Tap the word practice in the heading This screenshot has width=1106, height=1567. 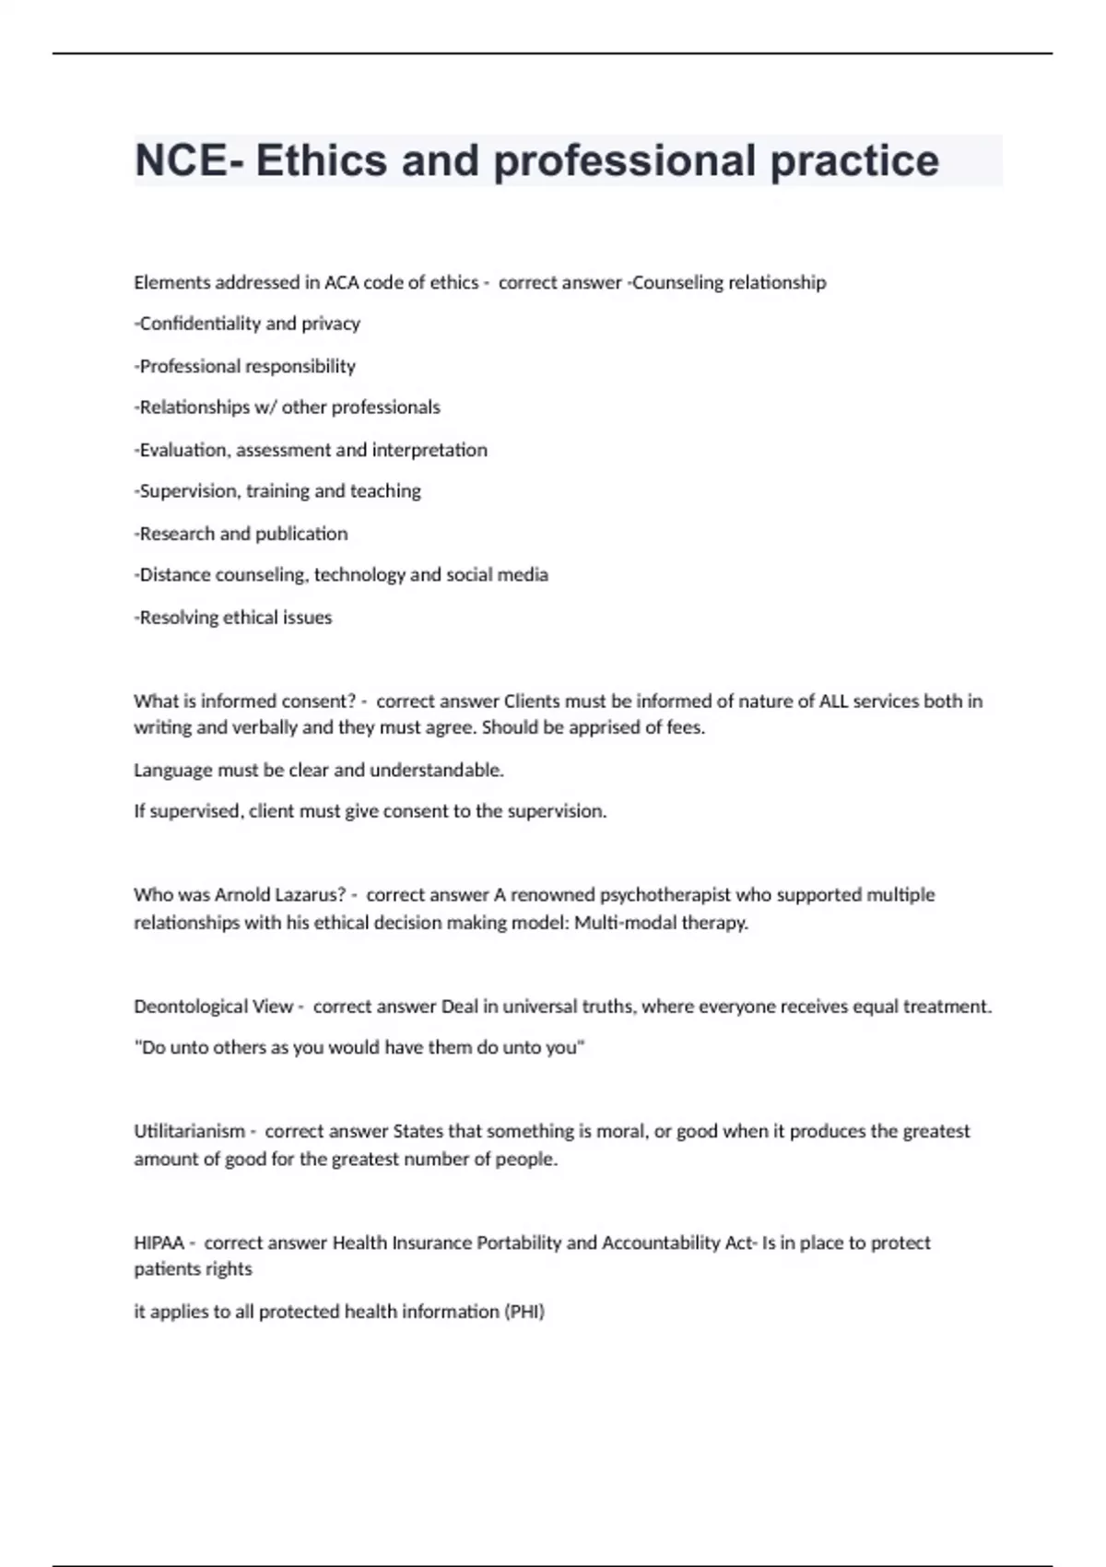pyautogui.click(x=854, y=160)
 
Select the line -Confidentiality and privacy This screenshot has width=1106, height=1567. pyautogui.click(x=247, y=324)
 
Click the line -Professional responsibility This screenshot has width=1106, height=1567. pyautogui.click(x=245, y=366)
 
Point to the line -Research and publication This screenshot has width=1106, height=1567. pyautogui.click(x=241, y=534)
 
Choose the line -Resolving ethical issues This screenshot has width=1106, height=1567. pyautogui.click(x=233, y=618)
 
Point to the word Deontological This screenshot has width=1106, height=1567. pyautogui.click(x=213, y=1007)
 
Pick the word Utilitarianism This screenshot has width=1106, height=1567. pyautogui.click(x=190, y=1131)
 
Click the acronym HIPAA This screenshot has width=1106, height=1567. pyautogui.click(x=159, y=1243)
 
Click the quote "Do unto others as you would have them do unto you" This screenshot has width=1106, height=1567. pyautogui.click(x=359, y=1048)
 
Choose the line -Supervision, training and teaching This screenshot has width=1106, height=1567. pyautogui.click(x=277, y=491)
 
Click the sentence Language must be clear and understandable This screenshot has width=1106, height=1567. pyautogui.click(x=319, y=770)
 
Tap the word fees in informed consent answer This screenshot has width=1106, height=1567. pyautogui.click(x=685, y=727)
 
